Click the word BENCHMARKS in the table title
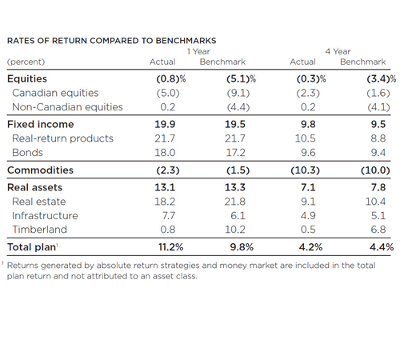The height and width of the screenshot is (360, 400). (x=186, y=41)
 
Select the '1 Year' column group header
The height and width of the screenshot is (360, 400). (x=198, y=51)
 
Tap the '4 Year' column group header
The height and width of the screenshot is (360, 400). (x=338, y=51)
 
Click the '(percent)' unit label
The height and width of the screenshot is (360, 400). (x=26, y=62)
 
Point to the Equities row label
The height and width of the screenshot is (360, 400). (x=27, y=78)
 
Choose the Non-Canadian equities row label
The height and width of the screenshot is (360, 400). (x=67, y=107)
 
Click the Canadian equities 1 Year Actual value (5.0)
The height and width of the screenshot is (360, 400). (x=168, y=93)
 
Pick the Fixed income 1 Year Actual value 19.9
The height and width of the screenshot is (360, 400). (x=165, y=124)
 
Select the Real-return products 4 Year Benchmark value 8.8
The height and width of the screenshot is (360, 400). (x=378, y=138)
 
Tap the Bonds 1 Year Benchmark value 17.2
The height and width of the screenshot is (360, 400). (x=235, y=153)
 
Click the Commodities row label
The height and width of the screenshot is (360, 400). (x=40, y=170)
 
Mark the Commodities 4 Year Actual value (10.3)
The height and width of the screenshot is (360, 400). (x=305, y=170)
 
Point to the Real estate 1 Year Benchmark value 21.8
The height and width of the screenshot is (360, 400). (x=234, y=202)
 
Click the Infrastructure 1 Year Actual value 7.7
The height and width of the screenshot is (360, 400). (x=169, y=216)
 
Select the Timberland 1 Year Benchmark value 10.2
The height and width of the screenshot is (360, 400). (x=235, y=230)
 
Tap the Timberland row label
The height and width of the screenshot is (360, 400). (x=39, y=230)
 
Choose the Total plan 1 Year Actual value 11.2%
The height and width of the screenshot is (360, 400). (x=170, y=247)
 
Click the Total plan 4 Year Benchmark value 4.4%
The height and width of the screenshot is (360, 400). (x=382, y=247)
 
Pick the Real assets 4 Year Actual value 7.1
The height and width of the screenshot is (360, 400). (x=308, y=187)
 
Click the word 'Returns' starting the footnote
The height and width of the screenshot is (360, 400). (x=22, y=266)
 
